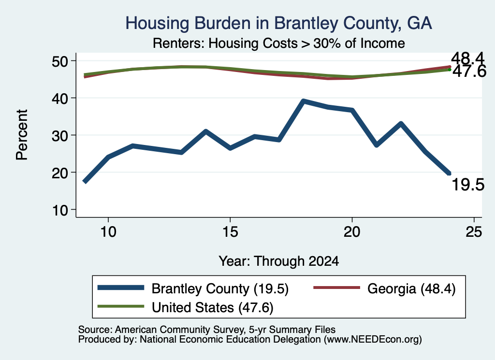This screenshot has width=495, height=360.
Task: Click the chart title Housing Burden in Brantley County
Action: pos(278,23)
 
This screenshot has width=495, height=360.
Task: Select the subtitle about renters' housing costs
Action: pos(279,43)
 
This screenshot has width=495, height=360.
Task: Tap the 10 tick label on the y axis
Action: pos(60,210)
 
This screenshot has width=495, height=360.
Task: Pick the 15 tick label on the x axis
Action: pos(230,232)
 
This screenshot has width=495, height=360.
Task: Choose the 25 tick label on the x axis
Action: pos(474,232)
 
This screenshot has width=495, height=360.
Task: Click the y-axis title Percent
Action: pos(22,135)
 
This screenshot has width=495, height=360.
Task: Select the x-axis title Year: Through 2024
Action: pos(279,261)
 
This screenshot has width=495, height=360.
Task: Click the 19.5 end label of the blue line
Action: pos(468,185)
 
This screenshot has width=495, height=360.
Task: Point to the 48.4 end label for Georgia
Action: pos(467,58)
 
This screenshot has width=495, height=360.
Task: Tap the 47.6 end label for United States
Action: pos(469,72)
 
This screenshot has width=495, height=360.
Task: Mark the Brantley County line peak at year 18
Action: pos(303,101)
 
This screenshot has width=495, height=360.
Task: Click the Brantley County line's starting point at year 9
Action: pos(85,181)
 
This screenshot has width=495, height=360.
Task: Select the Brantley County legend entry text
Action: pos(220,288)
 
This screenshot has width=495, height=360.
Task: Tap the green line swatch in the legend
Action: pos(120,306)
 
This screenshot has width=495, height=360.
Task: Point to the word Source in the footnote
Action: pos(94,330)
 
